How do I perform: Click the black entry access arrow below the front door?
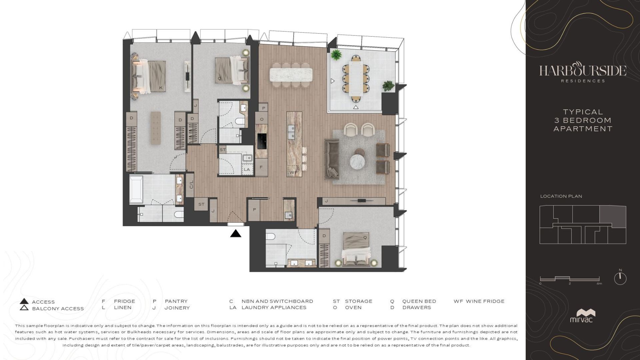pyautogui.click(x=236, y=233)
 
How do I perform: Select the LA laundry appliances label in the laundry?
pyautogui.click(x=247, y=169)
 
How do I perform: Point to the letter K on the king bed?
pyautogui.click(x=161, y=88)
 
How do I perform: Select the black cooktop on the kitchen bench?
pyautogui.click(x=262, y=141)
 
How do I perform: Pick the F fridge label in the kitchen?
pyautogui.click(x=261, y=167)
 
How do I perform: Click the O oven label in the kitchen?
pyautogui.click(x=262, y=119)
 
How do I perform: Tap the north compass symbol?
pyautogui.click(x=620, y=278)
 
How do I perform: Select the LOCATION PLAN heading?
pyautogui.click(x=561, y=196)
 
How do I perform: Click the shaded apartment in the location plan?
pyautogui.click(x=613, y=217)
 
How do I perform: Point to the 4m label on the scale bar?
pyautogui.click(x=599, y=284)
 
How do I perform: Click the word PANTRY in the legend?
pyautogui.click(x=176, y=301)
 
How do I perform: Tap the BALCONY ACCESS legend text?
pyautogui.click(x=58, y=309)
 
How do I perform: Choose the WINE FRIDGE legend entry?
pyautogui.click(x=479, y=301)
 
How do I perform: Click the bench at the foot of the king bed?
pyautogui.click(x=155, y=128)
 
